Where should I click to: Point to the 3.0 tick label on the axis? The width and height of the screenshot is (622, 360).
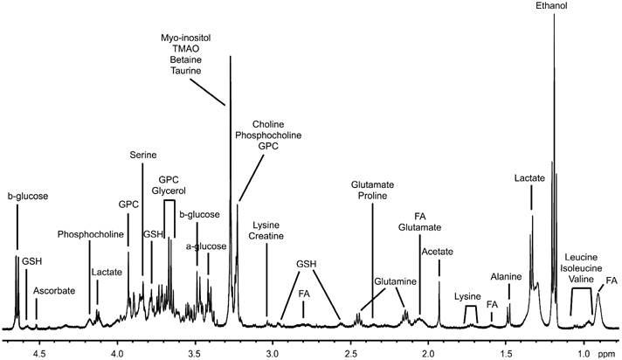(x=273, y=354)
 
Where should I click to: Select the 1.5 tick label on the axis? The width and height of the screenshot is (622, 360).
(x=506, y=354)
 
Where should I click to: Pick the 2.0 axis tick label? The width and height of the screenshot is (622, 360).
(x=428, y=354)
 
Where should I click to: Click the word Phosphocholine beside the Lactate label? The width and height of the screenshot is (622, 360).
(x=90, y=233)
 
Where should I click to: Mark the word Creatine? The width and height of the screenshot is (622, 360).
(x=266, y=238)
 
